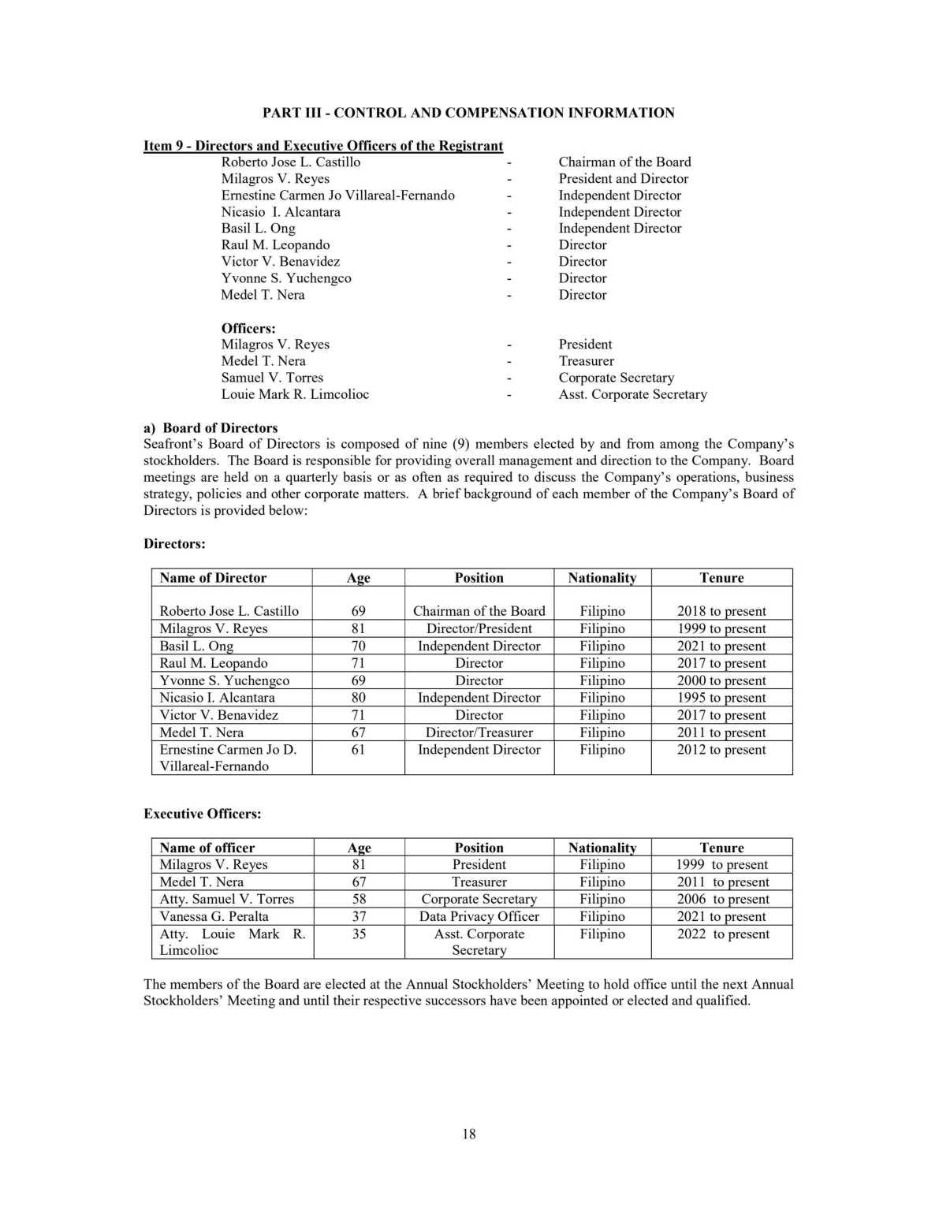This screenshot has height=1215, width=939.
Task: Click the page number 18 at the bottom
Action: coord(469,1134)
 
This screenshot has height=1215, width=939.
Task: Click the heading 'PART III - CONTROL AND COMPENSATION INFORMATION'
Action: coord(468,113)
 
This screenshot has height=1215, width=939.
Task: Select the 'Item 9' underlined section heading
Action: coord(322,146)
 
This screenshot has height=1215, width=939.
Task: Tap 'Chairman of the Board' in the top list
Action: coord(624,162)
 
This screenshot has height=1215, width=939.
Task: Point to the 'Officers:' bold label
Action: coord(248,328)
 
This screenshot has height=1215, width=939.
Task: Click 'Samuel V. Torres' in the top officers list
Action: coord(272,378)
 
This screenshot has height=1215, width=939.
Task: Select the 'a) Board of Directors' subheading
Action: coord(211,428)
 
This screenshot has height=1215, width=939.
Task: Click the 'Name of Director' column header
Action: coord(213,578)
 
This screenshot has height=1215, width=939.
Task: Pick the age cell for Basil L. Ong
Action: coord(358,646)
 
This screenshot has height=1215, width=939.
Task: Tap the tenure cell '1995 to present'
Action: coord(721,698)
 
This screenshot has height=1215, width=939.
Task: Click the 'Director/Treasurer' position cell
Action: coord(479,732)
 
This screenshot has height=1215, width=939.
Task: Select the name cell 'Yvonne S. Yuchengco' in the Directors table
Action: coord(224,680)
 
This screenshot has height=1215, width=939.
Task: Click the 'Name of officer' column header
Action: coord(207,848)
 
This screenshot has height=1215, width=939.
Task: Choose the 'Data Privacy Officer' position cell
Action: coord(479,916)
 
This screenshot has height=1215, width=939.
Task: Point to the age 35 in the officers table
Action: coord(359,934)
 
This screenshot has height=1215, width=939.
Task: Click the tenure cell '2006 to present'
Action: coord(722,899)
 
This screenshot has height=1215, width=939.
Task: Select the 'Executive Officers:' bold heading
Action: coord(202,814)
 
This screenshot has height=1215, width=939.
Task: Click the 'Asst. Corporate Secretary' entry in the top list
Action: coord(632,394)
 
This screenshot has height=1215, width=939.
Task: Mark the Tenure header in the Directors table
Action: coord(721,578)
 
